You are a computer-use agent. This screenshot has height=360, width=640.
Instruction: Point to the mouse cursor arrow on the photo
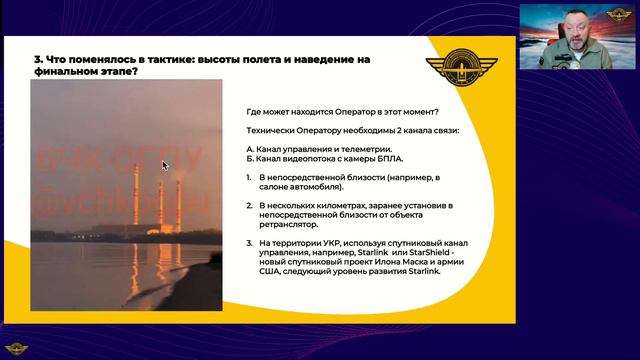[165, 166]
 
